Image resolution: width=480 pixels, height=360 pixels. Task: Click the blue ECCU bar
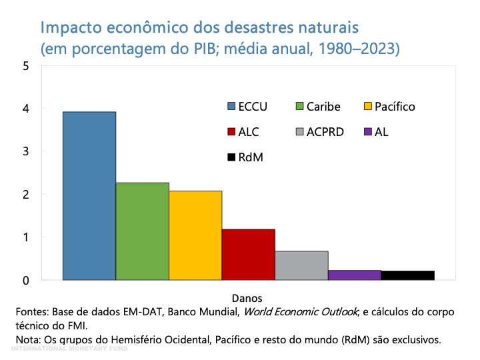(89, 196)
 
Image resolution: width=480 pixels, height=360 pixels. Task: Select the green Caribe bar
(142, 231)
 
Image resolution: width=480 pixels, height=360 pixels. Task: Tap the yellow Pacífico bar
(195, 235)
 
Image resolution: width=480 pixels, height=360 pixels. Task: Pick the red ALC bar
(248, 255)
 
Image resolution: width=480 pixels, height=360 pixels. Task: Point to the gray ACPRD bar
(301, 265)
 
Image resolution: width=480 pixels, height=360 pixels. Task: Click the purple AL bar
(354, 275)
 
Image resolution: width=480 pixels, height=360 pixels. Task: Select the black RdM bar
(407, 275)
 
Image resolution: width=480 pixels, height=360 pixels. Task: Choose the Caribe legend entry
(317, 107)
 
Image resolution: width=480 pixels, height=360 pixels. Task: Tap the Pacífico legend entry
(389, 107)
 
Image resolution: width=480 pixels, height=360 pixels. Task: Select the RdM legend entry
(245, 157)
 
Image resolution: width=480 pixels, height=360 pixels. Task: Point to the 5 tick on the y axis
(25, 66)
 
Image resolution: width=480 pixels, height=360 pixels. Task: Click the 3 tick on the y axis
(25, 151)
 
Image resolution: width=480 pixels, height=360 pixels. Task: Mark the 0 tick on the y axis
(25, 280)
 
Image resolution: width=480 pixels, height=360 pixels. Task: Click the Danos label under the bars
(247, 297)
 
